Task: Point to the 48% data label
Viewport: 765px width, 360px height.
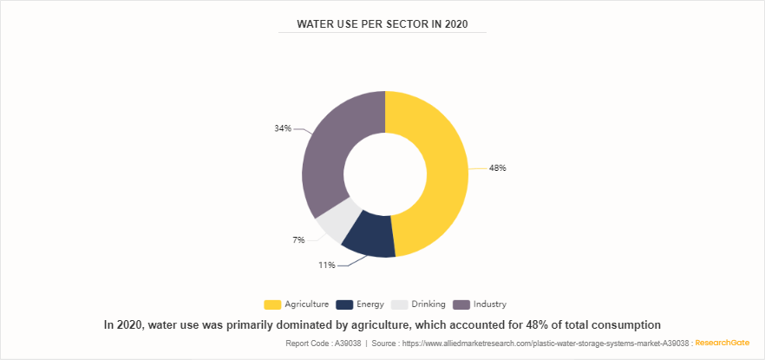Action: (x=497, y=168)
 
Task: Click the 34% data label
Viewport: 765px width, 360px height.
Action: (x=282, y=128)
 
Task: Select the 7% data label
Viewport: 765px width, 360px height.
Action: (x=298, y=239)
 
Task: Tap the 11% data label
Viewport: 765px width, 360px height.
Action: (x=326, y=265)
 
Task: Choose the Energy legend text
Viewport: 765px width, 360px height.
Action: (x=371, y=304)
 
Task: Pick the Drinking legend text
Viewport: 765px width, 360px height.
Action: (x=429, y=304)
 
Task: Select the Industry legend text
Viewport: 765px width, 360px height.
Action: (x=490, y=304)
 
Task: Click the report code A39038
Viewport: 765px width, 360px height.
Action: (x=345, y=344)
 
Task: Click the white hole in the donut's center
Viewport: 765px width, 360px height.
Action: (x=385, y=173)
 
